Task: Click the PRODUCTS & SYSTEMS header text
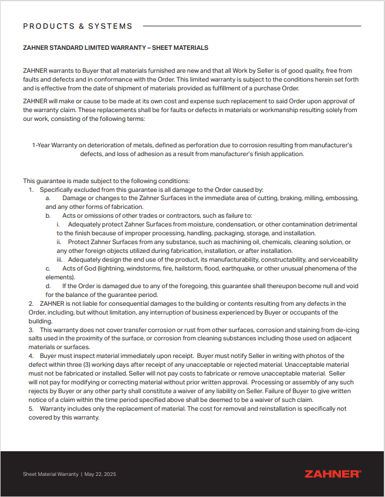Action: pos(77,26)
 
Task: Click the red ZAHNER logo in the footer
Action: pos(333,474)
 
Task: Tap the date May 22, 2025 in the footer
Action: pos(100,474)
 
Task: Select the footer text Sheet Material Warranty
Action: pos(50,474)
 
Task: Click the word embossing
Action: pos(342,198)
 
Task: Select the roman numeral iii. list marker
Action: pos(60,259)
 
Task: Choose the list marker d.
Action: pos(48,286)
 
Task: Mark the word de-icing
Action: pos(346,330)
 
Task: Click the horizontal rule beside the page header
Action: pos(252,26)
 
